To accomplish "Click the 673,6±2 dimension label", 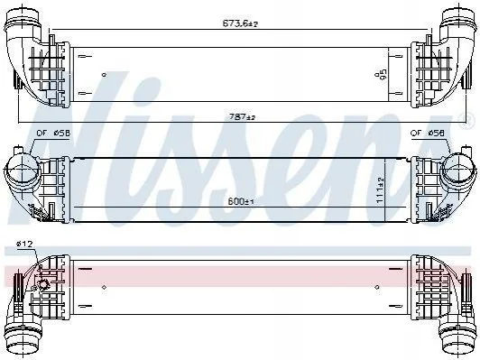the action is click(x=240, y=23).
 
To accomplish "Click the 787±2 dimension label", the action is click(x=242, y=116).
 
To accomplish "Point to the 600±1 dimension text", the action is click(x=241, y=202).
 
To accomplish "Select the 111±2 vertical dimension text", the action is click(x=380, y=189).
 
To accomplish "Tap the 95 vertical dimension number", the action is click(x=383, y=74).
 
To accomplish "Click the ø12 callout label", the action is click(x=25, y=244).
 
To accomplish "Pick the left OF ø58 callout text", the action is click(x=53, y=134).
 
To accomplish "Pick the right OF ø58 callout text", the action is click(x=428, y=133).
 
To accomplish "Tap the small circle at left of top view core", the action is click(x=104, y=74).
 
